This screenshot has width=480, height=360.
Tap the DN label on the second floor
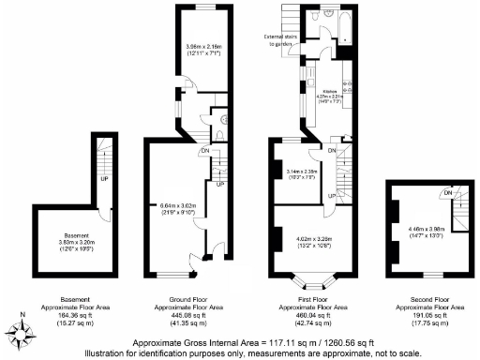coord(448,193)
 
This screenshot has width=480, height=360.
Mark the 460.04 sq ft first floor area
coord(309,315)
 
